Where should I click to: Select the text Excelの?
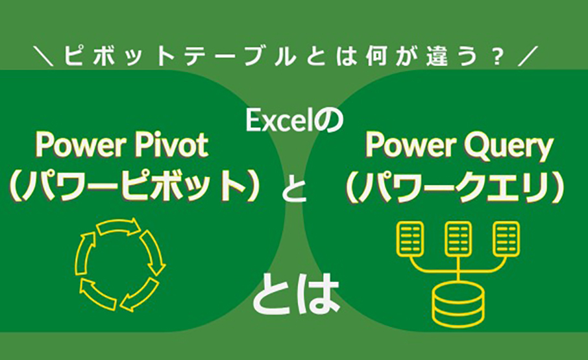coord(294,121)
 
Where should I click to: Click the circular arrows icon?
coord(120,264)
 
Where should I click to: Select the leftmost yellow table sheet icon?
coord(410,238)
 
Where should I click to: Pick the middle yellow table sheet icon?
coord(458,238)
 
